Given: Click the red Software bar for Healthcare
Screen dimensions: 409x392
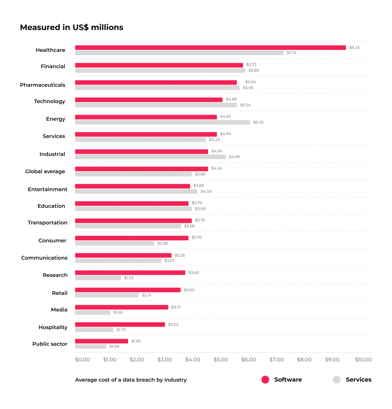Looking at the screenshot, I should [210, 48].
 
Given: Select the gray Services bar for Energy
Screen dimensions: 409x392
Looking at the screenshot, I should [162, 122].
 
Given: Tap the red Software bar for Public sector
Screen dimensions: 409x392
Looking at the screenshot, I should [102, 341].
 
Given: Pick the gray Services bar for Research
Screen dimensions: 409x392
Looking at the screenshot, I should [98, 278].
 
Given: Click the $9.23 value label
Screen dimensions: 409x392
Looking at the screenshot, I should [354, 48].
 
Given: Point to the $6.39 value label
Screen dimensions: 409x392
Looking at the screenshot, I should [258, 122].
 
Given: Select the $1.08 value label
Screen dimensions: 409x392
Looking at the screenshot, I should [114, 346].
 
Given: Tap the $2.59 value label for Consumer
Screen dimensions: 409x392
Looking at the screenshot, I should [162, 243].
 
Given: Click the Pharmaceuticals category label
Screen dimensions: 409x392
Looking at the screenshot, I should [42, 85].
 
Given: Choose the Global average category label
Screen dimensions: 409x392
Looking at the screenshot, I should [45, 171].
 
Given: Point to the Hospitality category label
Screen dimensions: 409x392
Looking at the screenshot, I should [53, 327].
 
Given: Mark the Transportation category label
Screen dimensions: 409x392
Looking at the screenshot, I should [48, 222].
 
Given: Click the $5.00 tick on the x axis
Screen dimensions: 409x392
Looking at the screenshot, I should [221, 360].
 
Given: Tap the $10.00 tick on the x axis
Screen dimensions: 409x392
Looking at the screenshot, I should [363, 360].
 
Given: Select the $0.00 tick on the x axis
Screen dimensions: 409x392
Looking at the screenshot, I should [82, 360].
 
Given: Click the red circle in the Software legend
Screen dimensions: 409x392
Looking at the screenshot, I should [265, 380].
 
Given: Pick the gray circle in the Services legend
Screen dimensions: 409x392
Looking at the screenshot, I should [337, 380].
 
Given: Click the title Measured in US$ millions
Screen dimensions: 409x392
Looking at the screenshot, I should [72, 28].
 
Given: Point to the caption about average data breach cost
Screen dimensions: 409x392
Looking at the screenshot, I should [131, 380].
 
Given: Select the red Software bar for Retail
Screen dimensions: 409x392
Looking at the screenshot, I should [128, 290].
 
